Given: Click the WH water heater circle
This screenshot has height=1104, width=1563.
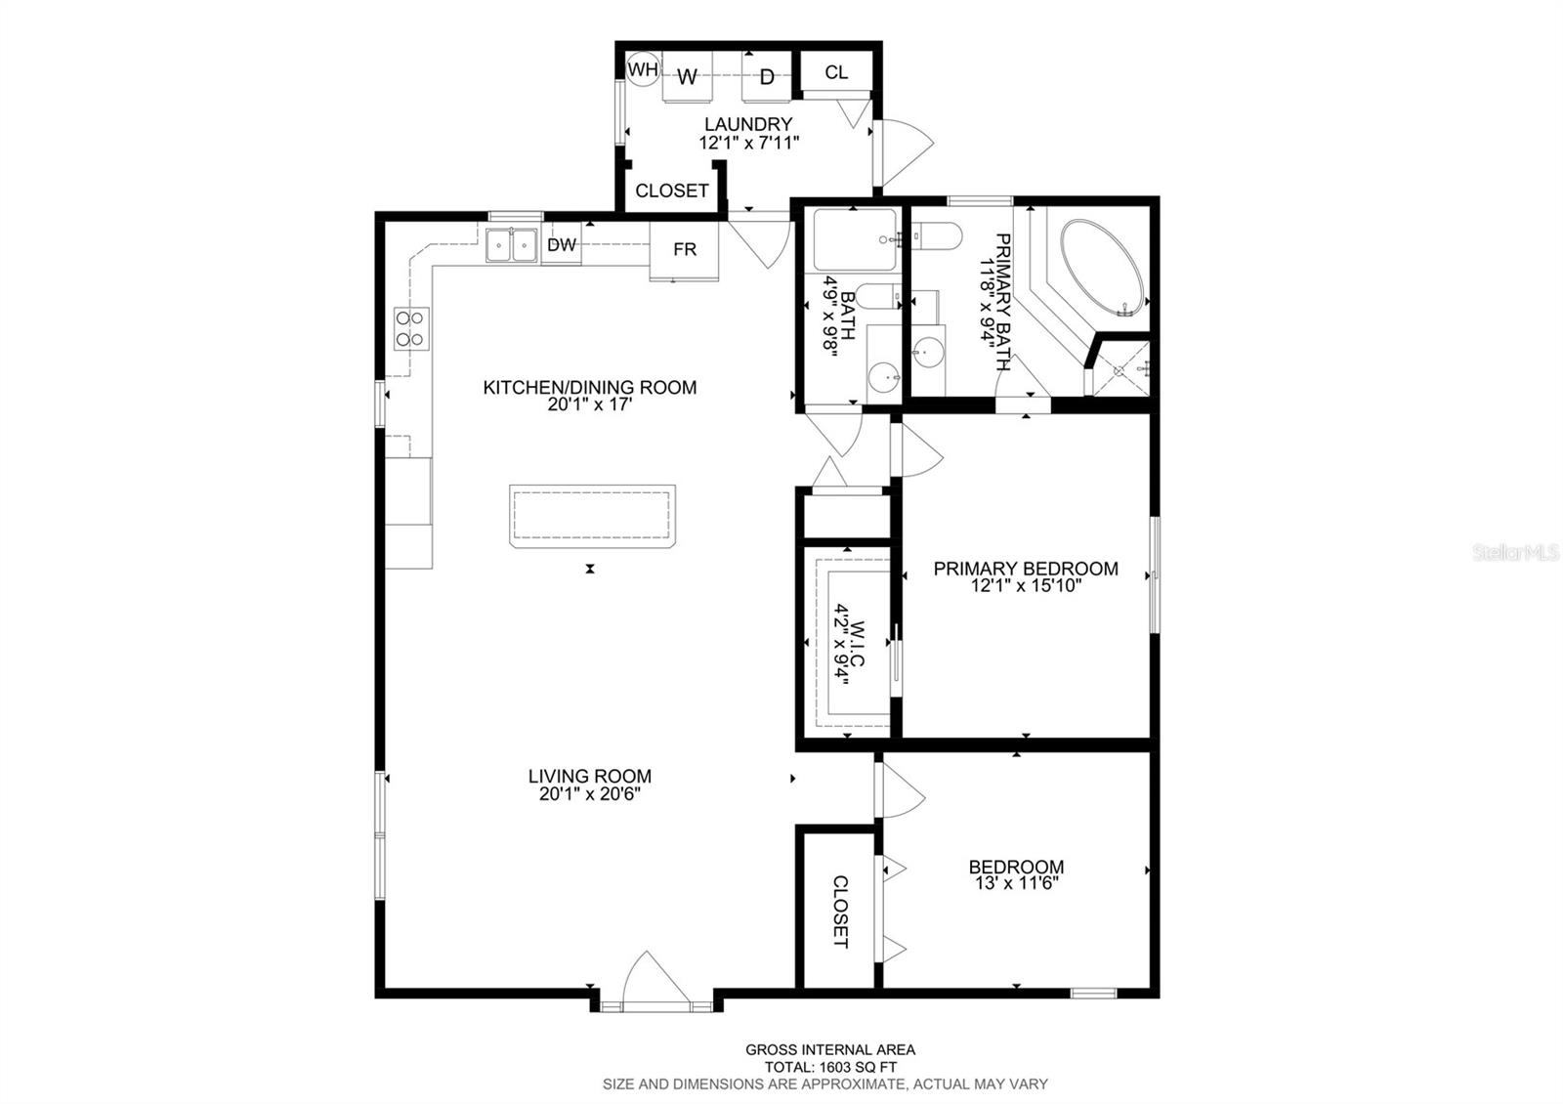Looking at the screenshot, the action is [x=642, y=69].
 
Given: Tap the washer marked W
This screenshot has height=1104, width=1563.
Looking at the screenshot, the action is [x=687, y=76].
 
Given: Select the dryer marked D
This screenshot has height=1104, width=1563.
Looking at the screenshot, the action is [x=766, y=76].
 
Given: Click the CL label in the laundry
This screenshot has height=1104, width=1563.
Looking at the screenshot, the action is [x=836, y=72].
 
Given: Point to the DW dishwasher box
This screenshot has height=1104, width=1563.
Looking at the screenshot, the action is [x=561, y=243].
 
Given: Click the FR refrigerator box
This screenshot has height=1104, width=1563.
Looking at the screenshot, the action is [x=685, y=251].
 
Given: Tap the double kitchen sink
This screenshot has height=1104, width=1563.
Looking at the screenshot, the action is [x=512, y=245].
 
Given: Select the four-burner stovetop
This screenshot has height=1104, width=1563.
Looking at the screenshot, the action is [x=411, y=328].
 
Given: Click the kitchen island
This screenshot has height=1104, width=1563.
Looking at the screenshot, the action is [x=592, y=516].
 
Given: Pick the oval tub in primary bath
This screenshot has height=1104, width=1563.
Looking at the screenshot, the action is [x=1103, y=269].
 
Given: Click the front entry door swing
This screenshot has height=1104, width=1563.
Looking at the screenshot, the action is [x=655, y=982].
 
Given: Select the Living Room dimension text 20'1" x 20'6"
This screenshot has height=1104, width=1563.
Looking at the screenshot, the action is [x=590, y=793].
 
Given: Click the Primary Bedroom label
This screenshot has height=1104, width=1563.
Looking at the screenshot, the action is [x=1026, y=569].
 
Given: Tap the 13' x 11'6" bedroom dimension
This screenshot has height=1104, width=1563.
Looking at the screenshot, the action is [x=1017, y=883].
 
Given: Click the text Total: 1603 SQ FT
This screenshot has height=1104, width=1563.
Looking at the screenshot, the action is [x=830, y=1067].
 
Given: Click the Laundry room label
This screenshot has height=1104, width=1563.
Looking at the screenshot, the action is [x=748, y=124].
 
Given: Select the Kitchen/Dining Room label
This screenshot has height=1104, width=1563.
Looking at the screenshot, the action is [x=590, y=387].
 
